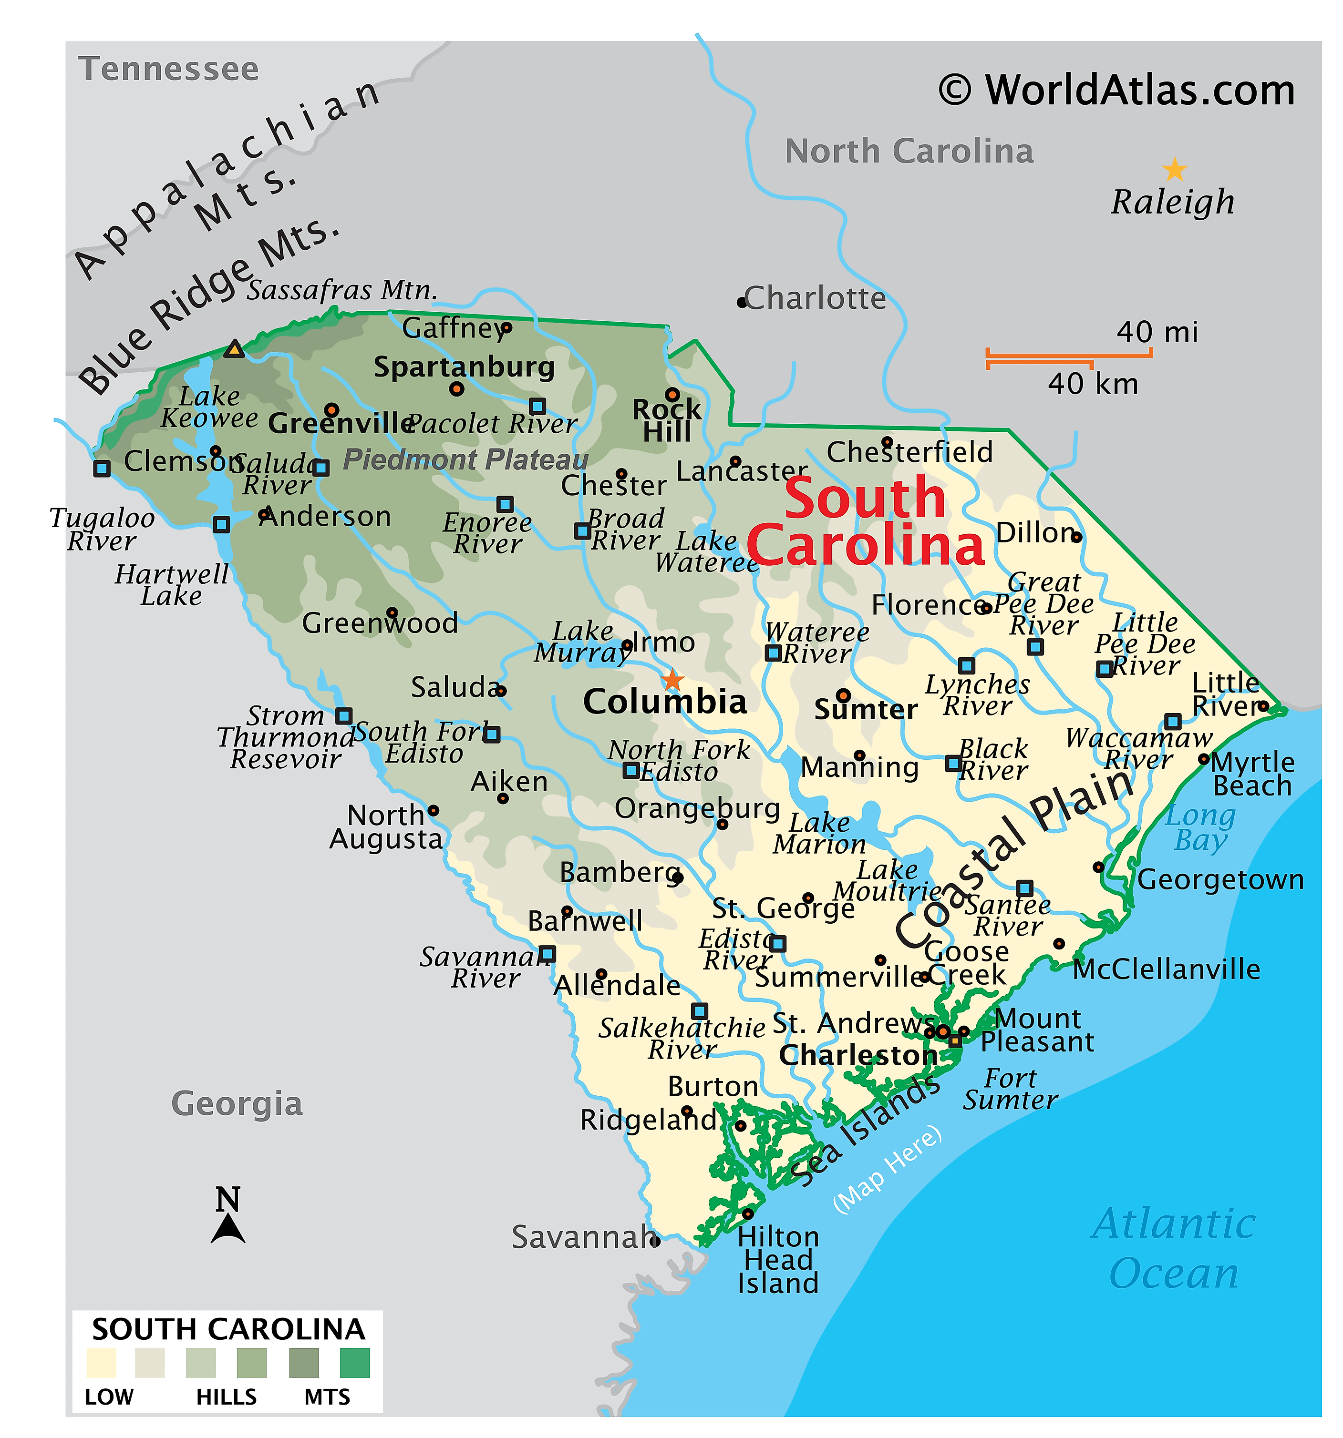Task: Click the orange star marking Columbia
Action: point(672,680)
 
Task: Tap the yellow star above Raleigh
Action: point(1174,170)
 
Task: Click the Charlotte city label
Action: point(815,298)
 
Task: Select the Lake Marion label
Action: point(819,833)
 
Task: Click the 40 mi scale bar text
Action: point(1157,333)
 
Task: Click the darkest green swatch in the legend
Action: point(354,1363)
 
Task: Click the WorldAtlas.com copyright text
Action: point(1117,91)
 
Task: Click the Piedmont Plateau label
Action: point(465,459)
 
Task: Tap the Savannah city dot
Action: point(655,1241)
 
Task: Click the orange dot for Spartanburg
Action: point(456,389)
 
